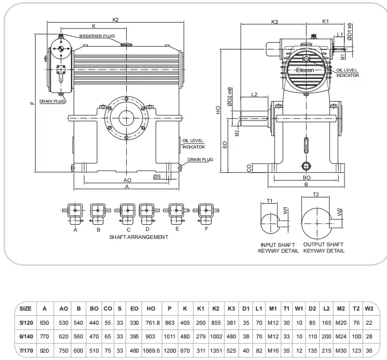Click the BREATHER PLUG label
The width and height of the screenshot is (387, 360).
click(97, 36)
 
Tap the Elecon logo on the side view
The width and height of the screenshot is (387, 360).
click(304, 70)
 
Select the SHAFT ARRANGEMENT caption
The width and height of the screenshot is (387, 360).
click(139, 237)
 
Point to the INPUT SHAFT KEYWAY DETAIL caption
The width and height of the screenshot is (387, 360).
click(278, 248)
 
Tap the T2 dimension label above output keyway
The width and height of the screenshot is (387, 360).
click(316, 195)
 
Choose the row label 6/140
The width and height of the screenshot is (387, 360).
click(25, 335)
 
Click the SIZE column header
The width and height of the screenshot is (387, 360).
click(25, 308)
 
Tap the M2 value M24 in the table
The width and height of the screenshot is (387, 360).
click(341, 335)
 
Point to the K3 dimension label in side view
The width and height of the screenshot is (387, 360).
click(275, 22)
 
